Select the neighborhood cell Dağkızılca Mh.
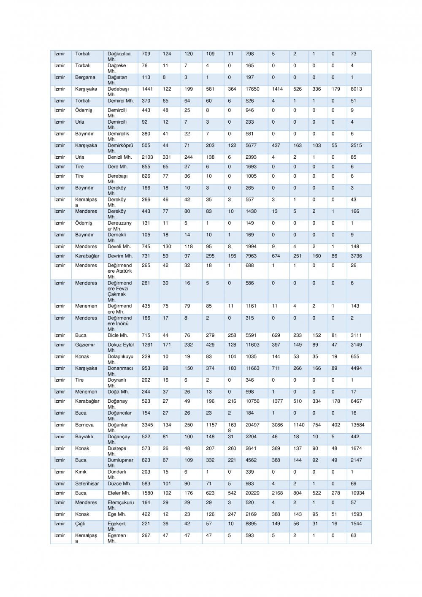tap(119, 57)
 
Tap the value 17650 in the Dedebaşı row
tap(252, 90)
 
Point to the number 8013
tap(356, 90)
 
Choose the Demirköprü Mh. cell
tap(120, 148)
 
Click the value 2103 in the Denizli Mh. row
tap(147, 157)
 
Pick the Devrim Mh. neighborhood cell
tap(120, 256)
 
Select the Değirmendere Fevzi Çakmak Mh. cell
tap(120, 291)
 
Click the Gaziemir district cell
tap(85, 345)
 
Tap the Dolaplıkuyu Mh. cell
tap(120, 359)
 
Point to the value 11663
tap(252, 369)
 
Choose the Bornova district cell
tap(84, 425)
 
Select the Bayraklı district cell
tap(84, 437)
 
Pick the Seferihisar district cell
tap(87, 484)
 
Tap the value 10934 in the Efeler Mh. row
tap(357, 493)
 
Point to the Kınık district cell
tap(81, 472)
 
